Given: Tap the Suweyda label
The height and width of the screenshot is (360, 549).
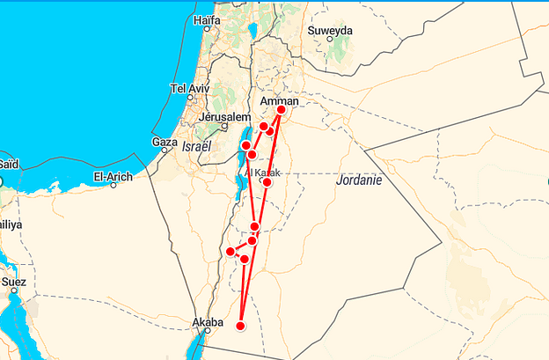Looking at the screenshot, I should tap(330, 31).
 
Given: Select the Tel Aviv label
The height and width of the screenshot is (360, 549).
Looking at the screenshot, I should tap(191, 89).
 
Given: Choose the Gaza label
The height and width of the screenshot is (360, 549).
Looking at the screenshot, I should tap(165, 141).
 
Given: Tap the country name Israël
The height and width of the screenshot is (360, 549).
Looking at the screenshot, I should tap(198, 147).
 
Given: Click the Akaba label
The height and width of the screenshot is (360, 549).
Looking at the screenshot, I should tap(209, 323).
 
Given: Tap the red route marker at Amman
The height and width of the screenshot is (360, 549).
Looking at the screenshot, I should tap(282, 111).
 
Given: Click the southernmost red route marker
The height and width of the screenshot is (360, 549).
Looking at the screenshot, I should tap(240, 327).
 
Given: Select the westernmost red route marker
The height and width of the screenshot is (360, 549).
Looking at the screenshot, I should tap(231, 252).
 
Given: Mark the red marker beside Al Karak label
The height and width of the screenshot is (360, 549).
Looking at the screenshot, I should tap(267, 182).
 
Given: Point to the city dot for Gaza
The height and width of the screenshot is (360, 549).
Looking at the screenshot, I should tap(164, 151).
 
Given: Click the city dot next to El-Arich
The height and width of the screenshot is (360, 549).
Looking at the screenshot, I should tap(113, 185).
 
